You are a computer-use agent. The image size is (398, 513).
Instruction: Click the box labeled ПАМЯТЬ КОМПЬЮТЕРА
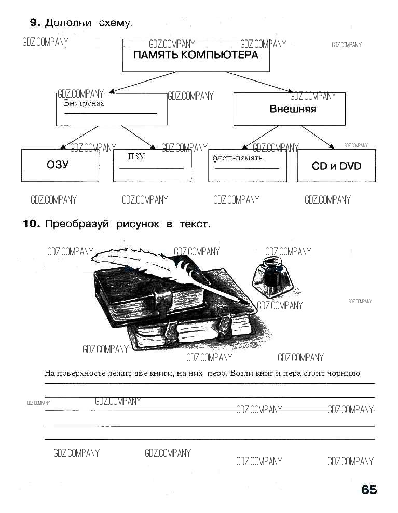pyautogui.click(x=196, y=55)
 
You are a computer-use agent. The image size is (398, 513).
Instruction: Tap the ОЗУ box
pyautogui.click(x=60, y=166)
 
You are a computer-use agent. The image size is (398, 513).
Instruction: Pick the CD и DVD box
pyautogui.click(x=336, y=166)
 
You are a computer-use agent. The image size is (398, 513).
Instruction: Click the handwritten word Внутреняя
pyautogui.click(x=84, y=103)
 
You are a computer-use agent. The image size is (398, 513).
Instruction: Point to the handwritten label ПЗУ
pyautogui.click(x=136, y=156)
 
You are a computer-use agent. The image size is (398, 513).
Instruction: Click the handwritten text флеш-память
pyautogui.click(x=237, y=158)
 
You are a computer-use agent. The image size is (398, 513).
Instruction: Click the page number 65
pyautogui.click(x=369, y=490)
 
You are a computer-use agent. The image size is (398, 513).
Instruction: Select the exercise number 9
pyautogui.click(x=35, y=23)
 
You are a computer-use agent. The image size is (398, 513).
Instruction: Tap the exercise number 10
pyautogui.click(x=31, y=224)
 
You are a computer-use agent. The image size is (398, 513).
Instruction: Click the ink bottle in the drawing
pyautogui.click(x=271, y=275)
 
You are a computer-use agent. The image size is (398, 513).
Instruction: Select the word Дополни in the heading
pyautogui.click(x=68, y=23)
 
